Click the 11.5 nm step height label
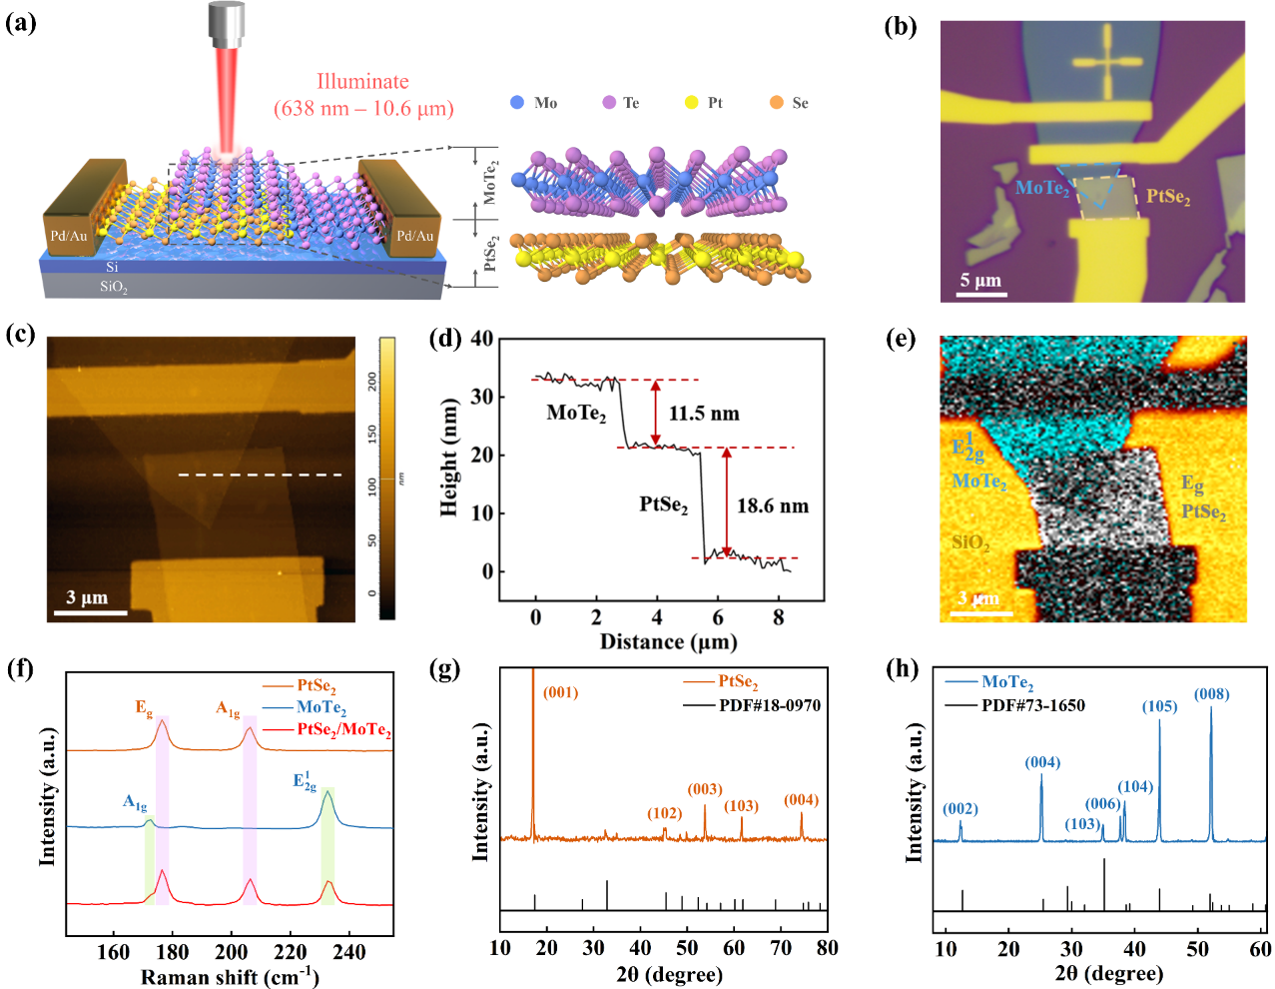(x=704, y=414)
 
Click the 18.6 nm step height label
(x=772, y=506)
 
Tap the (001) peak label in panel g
(x=560, y=692)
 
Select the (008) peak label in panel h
(x=1211, y=694)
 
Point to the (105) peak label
(x=1159, y=706)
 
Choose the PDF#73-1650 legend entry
(x=1032, y=705)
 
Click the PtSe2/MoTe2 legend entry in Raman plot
(x=342, y=730)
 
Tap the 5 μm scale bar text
(x=980, y=280)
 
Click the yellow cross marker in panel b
(x=1107, y=63)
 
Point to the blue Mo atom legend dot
(x=517, y=102)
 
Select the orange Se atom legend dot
(x=776, y=102)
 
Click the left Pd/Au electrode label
(x=69, y=236)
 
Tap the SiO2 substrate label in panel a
(x=113, y=287)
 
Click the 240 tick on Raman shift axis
(x=349, y=952)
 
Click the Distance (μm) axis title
(x=668, y=641)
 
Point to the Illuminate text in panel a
(x=362, y=82)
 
